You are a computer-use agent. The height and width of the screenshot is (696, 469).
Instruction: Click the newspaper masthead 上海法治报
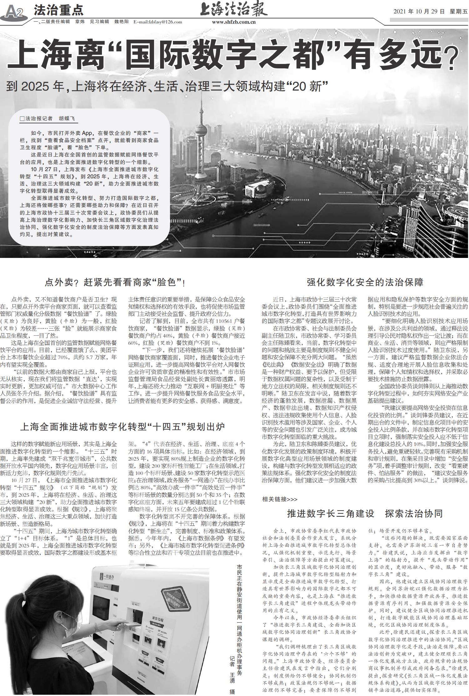click(x=234, y=9)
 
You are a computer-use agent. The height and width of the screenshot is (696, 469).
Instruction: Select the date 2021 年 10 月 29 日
click(x=419, y=12)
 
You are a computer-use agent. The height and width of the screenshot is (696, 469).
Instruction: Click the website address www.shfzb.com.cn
click(x=234, y=22)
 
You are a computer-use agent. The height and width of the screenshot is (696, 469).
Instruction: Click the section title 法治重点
click(x=58, y=10)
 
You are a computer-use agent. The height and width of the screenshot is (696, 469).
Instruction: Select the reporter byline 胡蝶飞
click(x=67, y=119)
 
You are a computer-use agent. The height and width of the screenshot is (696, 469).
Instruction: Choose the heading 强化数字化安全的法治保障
click(x=365, y=282)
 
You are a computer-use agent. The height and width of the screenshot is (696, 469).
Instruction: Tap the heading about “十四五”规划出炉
click(x=122, y=427)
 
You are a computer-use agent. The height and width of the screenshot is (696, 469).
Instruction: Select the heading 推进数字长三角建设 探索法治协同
click(x=365, y=514)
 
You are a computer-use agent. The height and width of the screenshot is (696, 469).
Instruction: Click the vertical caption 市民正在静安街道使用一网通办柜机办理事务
click(x=239, y=617)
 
